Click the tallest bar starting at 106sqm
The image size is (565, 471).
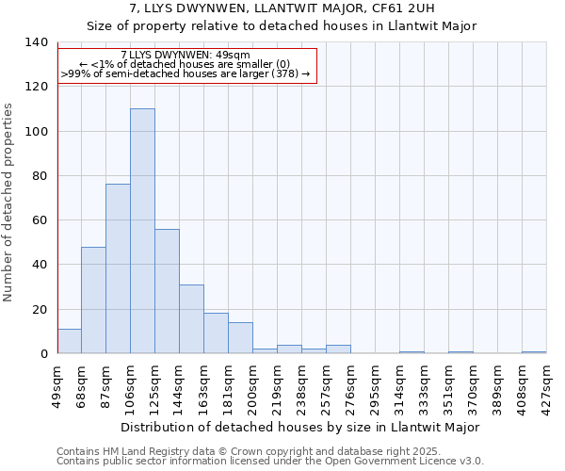(x=142, y=231)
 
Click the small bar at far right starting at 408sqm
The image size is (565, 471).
(x=534, y=352)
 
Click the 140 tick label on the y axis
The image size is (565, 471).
(x=36, y=42)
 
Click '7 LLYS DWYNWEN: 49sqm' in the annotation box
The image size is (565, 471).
(x=186, y=56)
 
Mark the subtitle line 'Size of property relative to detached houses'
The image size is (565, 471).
(x=282, y=26)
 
